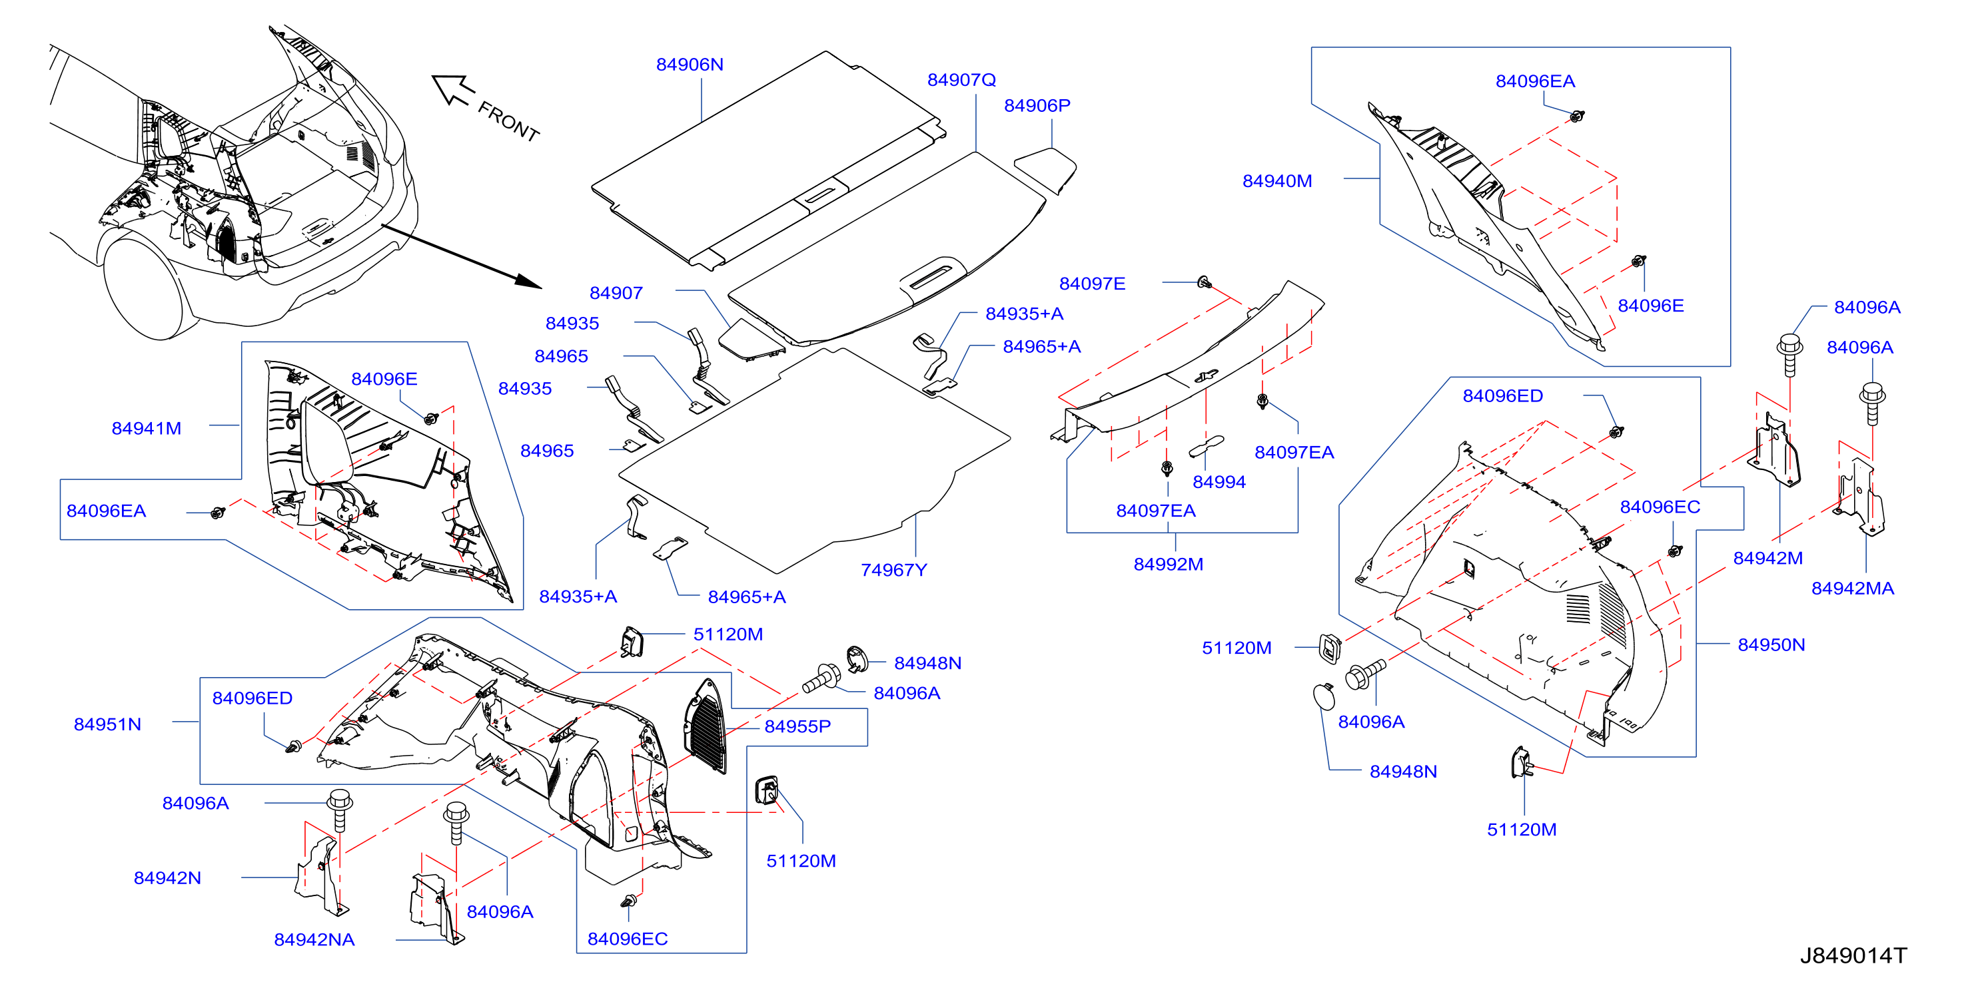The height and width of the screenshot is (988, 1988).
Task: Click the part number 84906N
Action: click(689, 64)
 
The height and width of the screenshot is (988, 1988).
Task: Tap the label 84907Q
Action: click(961, 79)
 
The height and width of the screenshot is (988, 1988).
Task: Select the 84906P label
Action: click(1037, 105)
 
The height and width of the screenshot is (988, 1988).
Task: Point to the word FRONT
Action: click(508, 121)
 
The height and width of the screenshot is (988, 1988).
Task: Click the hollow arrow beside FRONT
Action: click(453, 89)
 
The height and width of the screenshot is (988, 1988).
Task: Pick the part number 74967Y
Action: click(893, 569)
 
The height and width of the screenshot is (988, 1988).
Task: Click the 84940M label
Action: click(1276, 180)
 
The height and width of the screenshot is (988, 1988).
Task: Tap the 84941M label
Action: click(146, 428)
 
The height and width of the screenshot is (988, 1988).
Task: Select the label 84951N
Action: click(107, 724)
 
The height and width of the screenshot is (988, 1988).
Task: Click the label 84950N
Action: click(1770, 644)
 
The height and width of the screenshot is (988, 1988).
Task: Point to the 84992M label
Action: click(1168, 564)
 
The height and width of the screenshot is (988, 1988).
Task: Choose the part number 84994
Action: click(1219, 481)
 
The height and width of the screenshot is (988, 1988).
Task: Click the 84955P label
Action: click(797, 726)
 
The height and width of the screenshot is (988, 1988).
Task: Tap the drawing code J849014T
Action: click(1853, 955)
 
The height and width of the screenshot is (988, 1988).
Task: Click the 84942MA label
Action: click(1852, 588)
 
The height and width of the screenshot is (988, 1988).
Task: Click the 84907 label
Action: click(616, 292)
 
